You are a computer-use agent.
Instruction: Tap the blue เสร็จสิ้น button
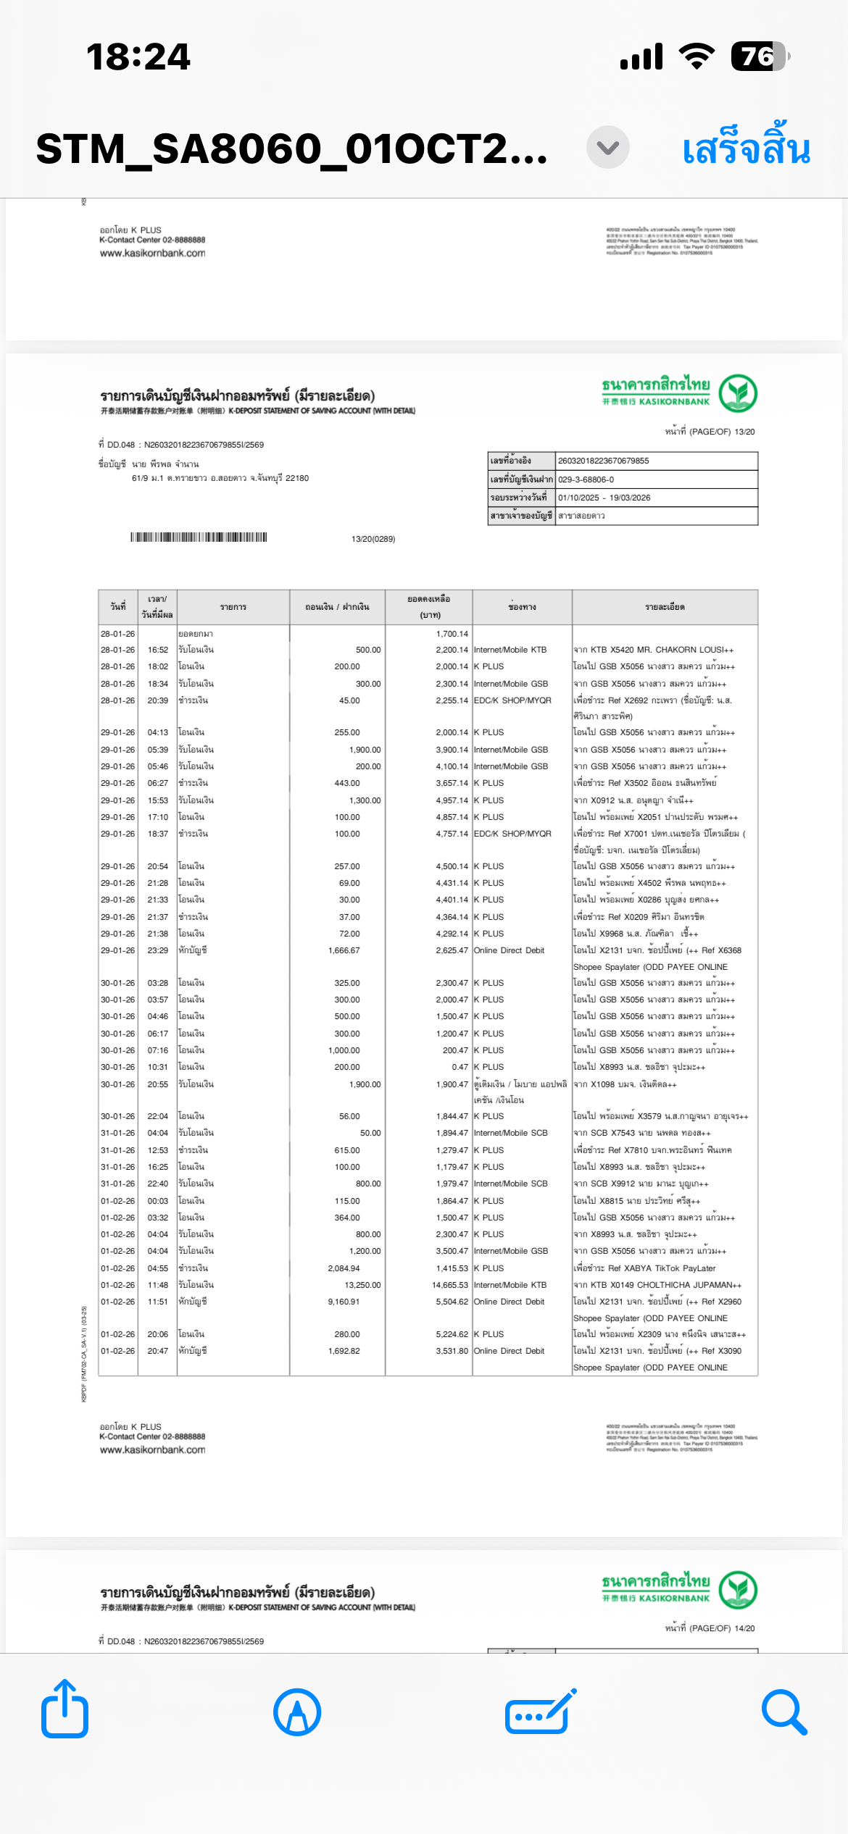[x=746, y=148]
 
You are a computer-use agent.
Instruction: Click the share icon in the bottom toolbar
[x=65, y=1710]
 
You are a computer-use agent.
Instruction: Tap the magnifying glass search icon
[x=784, y=1712]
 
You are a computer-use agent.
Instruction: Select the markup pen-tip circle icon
[x=297, y=1712]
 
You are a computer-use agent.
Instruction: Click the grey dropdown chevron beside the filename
[x=607, y=148]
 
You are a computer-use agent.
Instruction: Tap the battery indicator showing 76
[x=759, y=56]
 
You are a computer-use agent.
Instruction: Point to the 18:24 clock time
[x=138, y=56]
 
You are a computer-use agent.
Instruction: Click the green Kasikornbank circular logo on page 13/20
[x=738, y=393]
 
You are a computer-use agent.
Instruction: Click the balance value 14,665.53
[x=449, y=1285]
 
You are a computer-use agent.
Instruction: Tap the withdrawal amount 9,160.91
[x=344, y=1302]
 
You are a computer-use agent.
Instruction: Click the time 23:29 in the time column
[x=157, y=950]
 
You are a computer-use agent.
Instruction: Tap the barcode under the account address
[x=199, y=537]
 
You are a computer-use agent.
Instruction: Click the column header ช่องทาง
[x=522, y=607]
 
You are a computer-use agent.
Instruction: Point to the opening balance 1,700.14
[x=452, y=634]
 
